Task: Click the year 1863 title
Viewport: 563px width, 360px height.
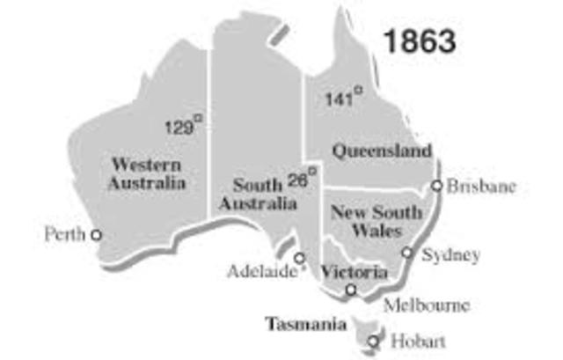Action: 418,40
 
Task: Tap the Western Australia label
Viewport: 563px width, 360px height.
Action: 147,174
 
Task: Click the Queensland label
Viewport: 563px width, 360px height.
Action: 381,151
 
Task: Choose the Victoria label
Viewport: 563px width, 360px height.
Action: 354,273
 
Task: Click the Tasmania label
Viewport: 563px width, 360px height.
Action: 306,324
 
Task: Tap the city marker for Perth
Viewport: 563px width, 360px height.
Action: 96,235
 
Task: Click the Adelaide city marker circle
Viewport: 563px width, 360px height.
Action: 300,258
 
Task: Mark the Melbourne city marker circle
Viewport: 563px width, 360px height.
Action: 351,290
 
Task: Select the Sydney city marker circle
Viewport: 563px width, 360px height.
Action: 407,252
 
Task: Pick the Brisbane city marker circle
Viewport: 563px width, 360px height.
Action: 436,186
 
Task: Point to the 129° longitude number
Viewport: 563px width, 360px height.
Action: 179,127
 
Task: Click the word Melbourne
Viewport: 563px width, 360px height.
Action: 427,305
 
